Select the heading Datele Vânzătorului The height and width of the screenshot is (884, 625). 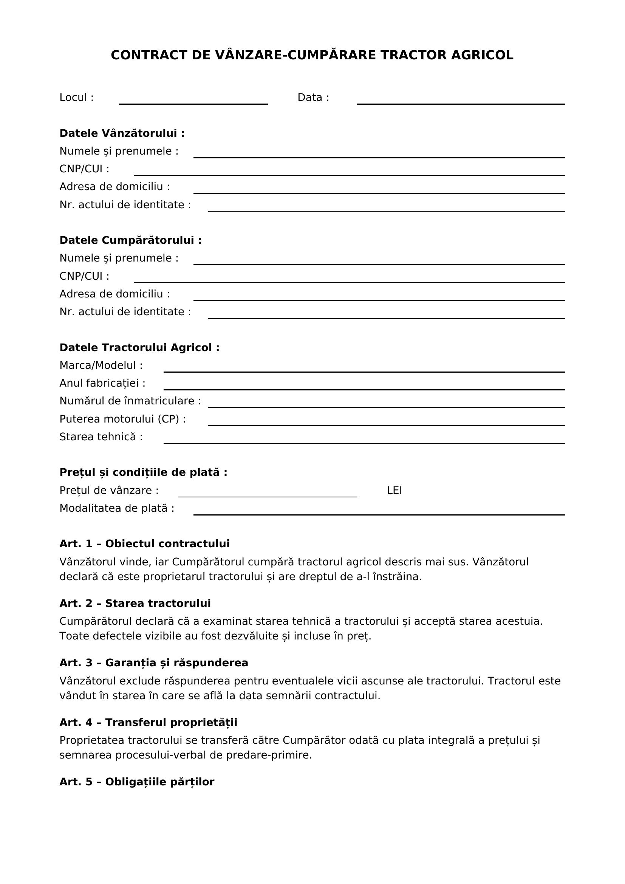122,133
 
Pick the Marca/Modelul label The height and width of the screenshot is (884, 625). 101,365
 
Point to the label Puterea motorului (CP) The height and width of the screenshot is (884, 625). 122,418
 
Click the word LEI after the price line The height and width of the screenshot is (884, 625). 394,490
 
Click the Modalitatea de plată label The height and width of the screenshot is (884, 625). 117,508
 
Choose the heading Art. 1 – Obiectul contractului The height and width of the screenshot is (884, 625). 144,543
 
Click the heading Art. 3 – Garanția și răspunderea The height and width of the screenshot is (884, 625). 153,663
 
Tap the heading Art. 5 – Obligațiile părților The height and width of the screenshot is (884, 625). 137,782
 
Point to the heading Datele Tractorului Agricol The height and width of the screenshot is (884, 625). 139,347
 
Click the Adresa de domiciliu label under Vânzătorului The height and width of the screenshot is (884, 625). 114,186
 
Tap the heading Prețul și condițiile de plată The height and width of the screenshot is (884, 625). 143,472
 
